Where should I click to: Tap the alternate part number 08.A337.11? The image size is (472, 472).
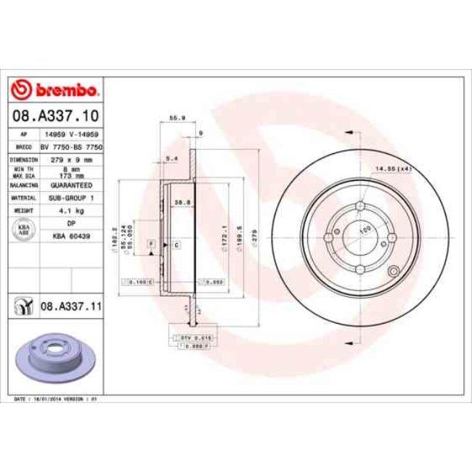[70, 307]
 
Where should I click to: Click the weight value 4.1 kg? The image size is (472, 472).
[70, 211]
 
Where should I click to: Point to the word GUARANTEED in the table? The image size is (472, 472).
[70, 185]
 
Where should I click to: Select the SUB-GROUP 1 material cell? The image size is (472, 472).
[70, 198]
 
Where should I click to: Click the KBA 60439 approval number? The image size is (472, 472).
[70, 236]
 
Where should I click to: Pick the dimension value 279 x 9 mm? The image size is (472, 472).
[70, 159]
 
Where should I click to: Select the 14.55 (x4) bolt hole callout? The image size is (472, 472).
[392, 169]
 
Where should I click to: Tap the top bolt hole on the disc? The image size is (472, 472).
[360, 206]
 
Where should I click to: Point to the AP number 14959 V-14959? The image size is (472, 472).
[70, 135]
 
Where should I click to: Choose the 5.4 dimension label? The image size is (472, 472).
[172, 158]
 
